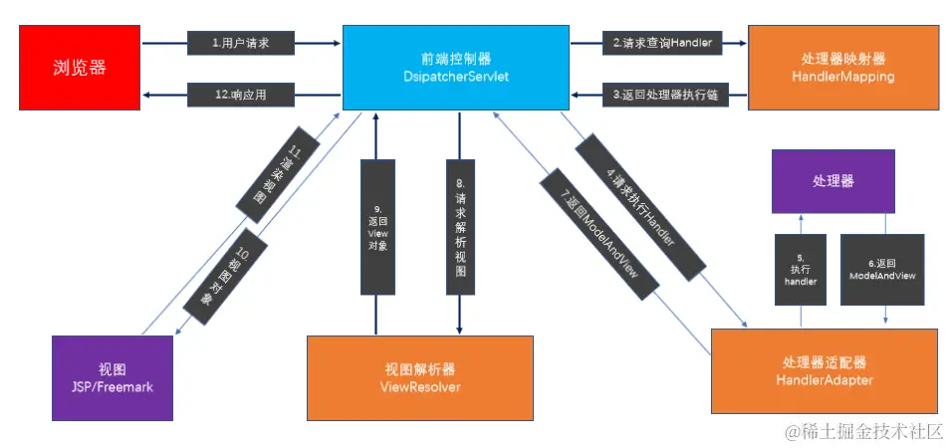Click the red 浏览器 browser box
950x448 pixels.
pos(80,69)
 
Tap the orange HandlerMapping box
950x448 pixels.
pos(842,68)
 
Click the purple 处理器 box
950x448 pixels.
pos(833,182)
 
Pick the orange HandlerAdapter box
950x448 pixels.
pos(825,370)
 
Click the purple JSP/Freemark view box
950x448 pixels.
pos(111,376)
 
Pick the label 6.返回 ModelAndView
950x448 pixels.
pos(882,269)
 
